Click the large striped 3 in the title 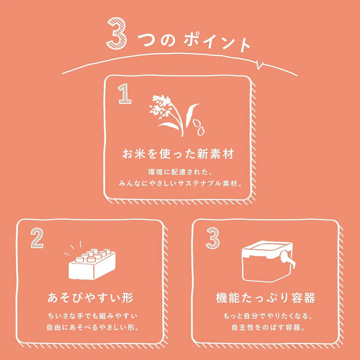117,33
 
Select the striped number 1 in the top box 124,94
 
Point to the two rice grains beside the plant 199,127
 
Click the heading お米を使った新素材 178,154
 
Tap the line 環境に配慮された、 178,172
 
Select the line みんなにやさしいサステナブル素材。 180,184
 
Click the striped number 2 37,238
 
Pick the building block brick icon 92,264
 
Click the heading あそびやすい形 90,298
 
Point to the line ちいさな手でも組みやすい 92,316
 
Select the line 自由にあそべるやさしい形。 93,328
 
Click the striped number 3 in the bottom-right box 212,238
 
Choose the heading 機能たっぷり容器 265,298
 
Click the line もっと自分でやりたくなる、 267,316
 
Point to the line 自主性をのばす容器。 268,328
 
